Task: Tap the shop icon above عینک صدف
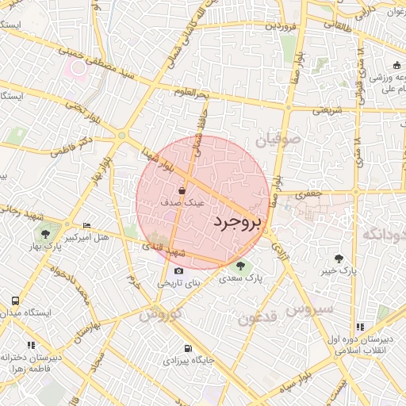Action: point(182,191)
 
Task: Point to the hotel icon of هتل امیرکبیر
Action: point(86,225)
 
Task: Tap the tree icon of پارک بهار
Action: point(45,235)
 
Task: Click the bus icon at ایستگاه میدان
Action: point(15,301)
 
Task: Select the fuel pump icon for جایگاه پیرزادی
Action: point(187,348)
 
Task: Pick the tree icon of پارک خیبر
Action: point(339,259)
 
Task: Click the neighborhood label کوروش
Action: point(160,314)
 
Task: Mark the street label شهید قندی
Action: point(162,249)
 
